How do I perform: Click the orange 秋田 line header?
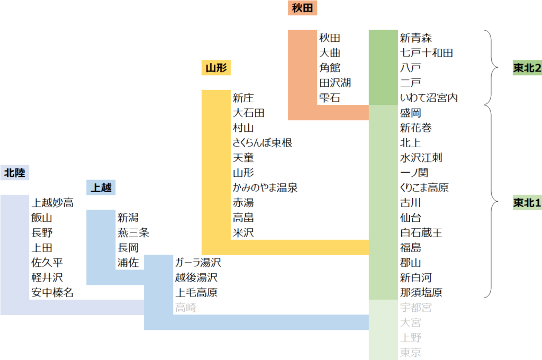[303, 8]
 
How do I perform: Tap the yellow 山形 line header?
[216, 68]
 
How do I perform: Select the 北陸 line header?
[15, 173]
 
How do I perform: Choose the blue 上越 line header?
[101, 187]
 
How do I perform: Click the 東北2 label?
[527, 68]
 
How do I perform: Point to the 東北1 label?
[527, 203]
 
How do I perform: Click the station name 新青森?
[416, 38]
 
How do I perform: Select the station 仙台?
[411, 218]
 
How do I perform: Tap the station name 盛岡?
[411, 113]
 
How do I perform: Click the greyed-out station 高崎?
[186, 308]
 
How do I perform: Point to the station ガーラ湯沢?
[198, 263]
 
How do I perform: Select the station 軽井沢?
[47, 277]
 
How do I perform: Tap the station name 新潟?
[129, 218]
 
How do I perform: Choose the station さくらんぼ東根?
[263, 143]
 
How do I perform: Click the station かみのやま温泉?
[265, 188]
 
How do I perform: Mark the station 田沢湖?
[335, 83]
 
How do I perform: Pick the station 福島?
[411, 248]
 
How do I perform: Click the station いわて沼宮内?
[429, 98]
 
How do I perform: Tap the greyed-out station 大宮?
[411, 322]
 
